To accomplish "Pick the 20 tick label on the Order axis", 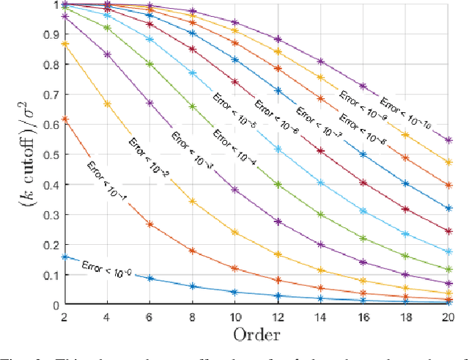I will tap(447, 316).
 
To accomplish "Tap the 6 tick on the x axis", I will tap(150, 316).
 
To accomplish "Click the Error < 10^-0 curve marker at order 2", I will tap(65, 257).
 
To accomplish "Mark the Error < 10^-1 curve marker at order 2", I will tap(65, 119).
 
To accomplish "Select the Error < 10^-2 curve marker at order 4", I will tap(108, 103).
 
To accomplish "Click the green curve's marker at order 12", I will tap(278, 184).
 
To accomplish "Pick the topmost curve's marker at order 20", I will tap(448, 139).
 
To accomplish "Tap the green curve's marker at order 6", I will tap(150, 64).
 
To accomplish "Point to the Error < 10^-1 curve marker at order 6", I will tap(150, 224).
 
